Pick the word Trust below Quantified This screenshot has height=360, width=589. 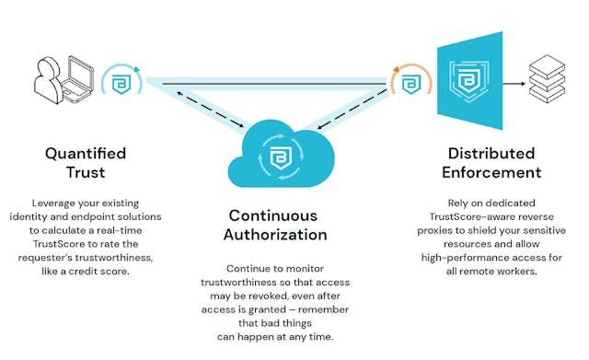[85, 172]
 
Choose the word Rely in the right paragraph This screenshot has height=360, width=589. [445, 203]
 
